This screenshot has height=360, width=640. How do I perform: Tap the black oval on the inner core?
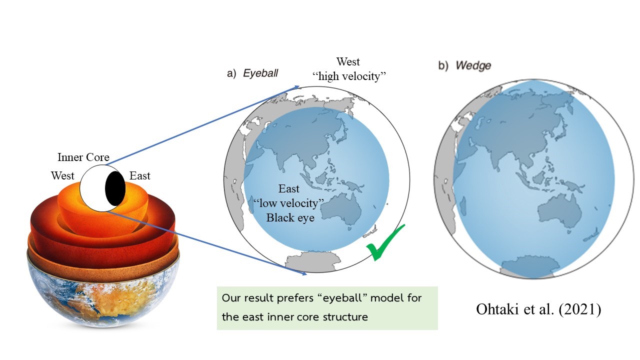pos(114,189)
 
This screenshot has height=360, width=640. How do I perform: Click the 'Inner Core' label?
pos(83,157)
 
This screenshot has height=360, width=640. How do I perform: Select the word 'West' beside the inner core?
pos(62,176)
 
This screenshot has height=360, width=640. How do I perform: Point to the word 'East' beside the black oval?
pos(140,176)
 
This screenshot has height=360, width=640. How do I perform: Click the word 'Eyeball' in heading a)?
pos(260,74)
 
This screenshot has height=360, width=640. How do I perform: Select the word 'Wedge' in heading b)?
pos(473,65)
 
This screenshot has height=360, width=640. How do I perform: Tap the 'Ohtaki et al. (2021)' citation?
pos(538,309)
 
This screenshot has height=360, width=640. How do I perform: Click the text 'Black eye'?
pos(290,217)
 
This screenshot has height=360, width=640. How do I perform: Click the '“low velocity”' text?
pos(289,203)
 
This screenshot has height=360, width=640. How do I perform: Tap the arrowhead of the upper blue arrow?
pos(297,86)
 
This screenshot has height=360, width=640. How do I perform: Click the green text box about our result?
pos(327,307)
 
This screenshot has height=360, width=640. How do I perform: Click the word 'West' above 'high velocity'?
pos(348,62)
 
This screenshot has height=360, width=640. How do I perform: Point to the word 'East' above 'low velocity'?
pos(289,189)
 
